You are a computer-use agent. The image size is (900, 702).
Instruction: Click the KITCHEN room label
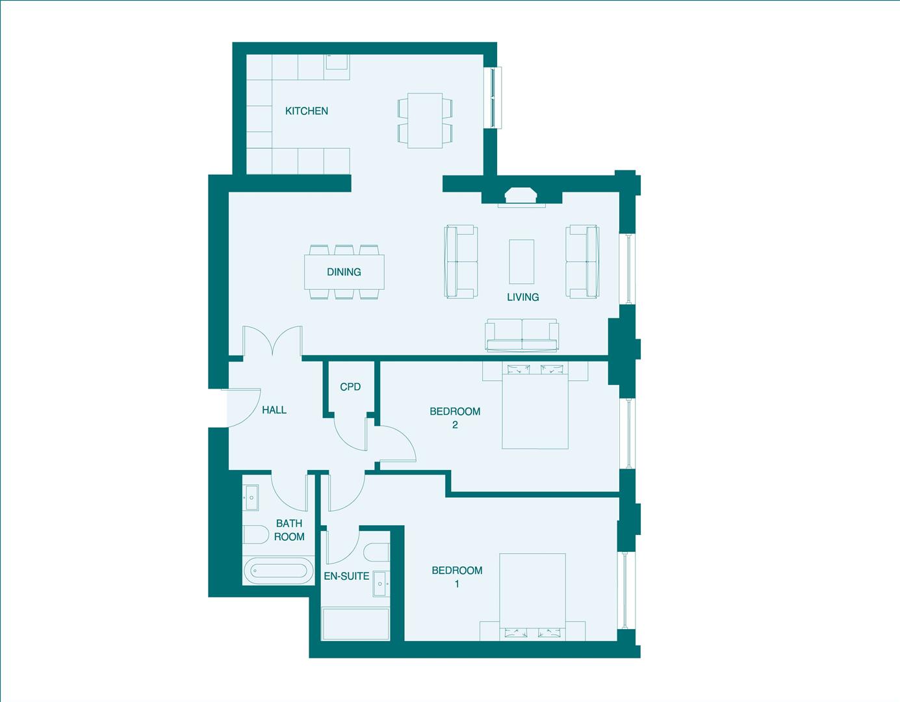coord(306,111)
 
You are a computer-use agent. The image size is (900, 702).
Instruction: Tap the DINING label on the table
coord(344,272)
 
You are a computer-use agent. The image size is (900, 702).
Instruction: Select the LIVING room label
coord(522,297)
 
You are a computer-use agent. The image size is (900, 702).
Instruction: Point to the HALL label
coord(274,410)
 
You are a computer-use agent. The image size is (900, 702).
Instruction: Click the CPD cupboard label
coord(350,387)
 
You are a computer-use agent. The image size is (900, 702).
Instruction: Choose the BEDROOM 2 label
coord(455,418)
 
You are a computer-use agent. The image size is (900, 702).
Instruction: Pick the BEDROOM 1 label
coord(457,577)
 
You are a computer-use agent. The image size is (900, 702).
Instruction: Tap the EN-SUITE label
coord(346,576)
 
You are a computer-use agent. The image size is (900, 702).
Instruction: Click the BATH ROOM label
coord(289,530)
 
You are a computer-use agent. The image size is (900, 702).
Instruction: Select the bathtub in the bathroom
coord(277,571)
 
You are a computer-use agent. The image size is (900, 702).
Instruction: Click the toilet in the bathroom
coord(255,536)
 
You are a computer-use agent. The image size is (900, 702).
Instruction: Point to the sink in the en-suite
coord(381,584)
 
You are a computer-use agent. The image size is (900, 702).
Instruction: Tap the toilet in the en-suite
coord(376,553)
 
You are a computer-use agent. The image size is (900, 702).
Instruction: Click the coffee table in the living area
coord(522,261)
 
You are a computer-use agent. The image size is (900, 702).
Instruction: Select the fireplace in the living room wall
coord(521,196)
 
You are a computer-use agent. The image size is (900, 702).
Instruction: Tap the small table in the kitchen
coord(424,120)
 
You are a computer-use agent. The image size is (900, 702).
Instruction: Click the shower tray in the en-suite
coord(355,624)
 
